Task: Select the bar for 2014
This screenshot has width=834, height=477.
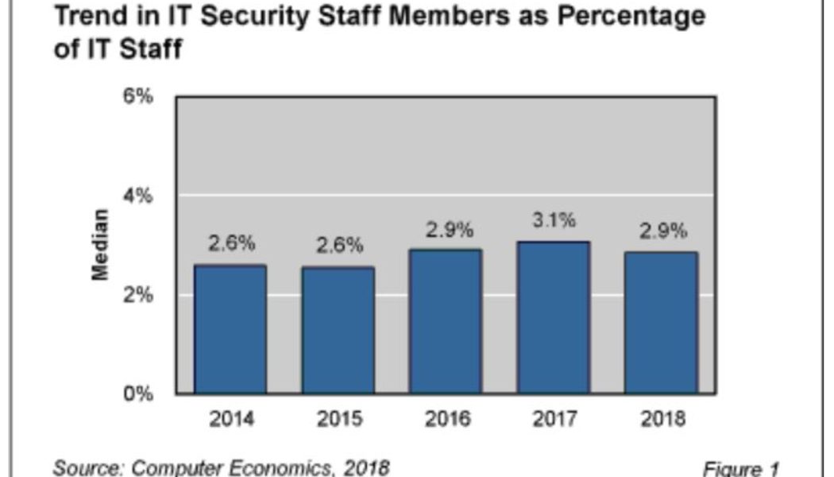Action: (230, 329)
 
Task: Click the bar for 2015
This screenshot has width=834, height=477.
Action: (338, 330)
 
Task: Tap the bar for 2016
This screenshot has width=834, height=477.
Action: (446, 321)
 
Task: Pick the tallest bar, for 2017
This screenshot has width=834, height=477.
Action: (554, 317)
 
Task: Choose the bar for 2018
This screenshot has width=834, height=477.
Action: (661, 323)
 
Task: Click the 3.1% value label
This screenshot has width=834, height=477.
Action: (554, 221)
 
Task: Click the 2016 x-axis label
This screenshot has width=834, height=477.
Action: (446, 419)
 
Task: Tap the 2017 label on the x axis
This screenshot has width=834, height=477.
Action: (554, 419)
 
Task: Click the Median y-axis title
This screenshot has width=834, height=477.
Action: (100, 245)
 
